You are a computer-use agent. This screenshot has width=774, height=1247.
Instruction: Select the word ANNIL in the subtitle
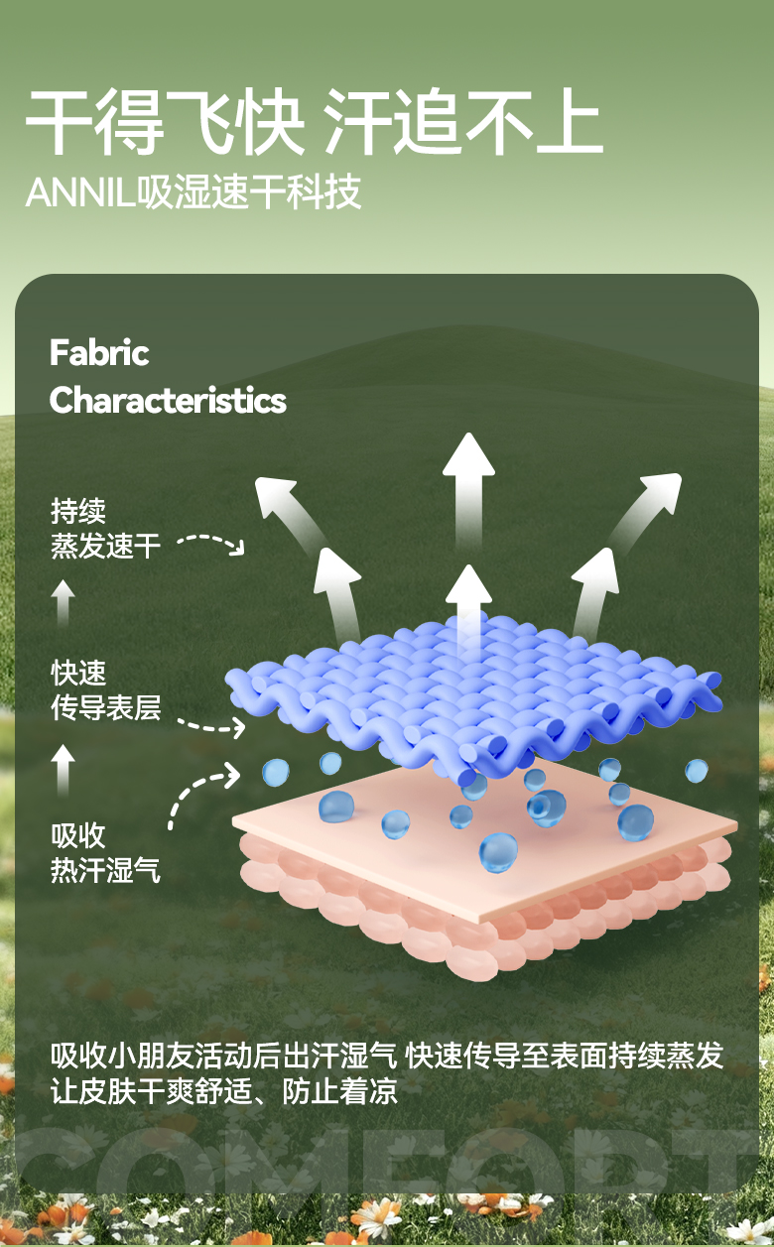point(79,193)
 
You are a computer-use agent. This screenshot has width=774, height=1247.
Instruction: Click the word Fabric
point(99,353)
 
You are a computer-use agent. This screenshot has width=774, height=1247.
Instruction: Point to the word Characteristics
point(168,401)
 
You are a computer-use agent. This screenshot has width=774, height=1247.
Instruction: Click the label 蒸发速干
point(105,546)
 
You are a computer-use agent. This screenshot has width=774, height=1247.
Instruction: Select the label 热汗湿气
point(105,871)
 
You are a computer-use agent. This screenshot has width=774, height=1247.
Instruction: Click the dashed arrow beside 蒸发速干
point(211,543)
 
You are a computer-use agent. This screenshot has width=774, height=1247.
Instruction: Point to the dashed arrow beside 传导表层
point(215,724)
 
